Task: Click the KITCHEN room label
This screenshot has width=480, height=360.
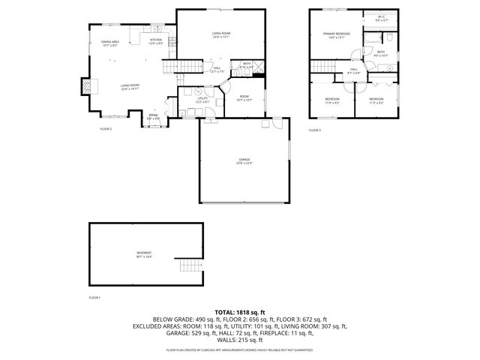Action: pos(156,40)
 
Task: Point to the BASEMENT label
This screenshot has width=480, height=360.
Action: pos(143,255)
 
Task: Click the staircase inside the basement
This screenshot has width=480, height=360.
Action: pos(190,265)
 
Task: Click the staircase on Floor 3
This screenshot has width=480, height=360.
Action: pos(324,68)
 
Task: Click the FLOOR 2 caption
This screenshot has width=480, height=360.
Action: pos(106,130)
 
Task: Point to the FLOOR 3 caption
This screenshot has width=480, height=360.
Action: pos(315,130)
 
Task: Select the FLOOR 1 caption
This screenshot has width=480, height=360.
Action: pos(94,297)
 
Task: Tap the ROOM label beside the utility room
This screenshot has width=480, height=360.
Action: pos(244,97)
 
